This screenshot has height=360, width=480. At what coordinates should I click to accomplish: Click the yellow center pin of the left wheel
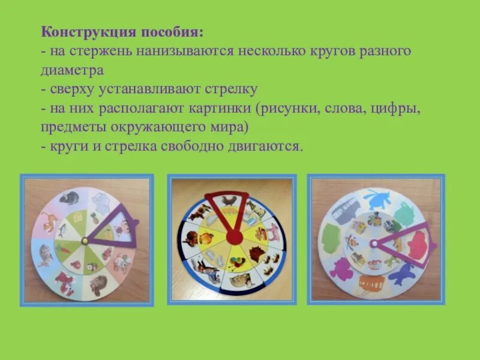click(85, 241)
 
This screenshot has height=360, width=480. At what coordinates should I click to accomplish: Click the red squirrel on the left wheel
click(64, 280)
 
